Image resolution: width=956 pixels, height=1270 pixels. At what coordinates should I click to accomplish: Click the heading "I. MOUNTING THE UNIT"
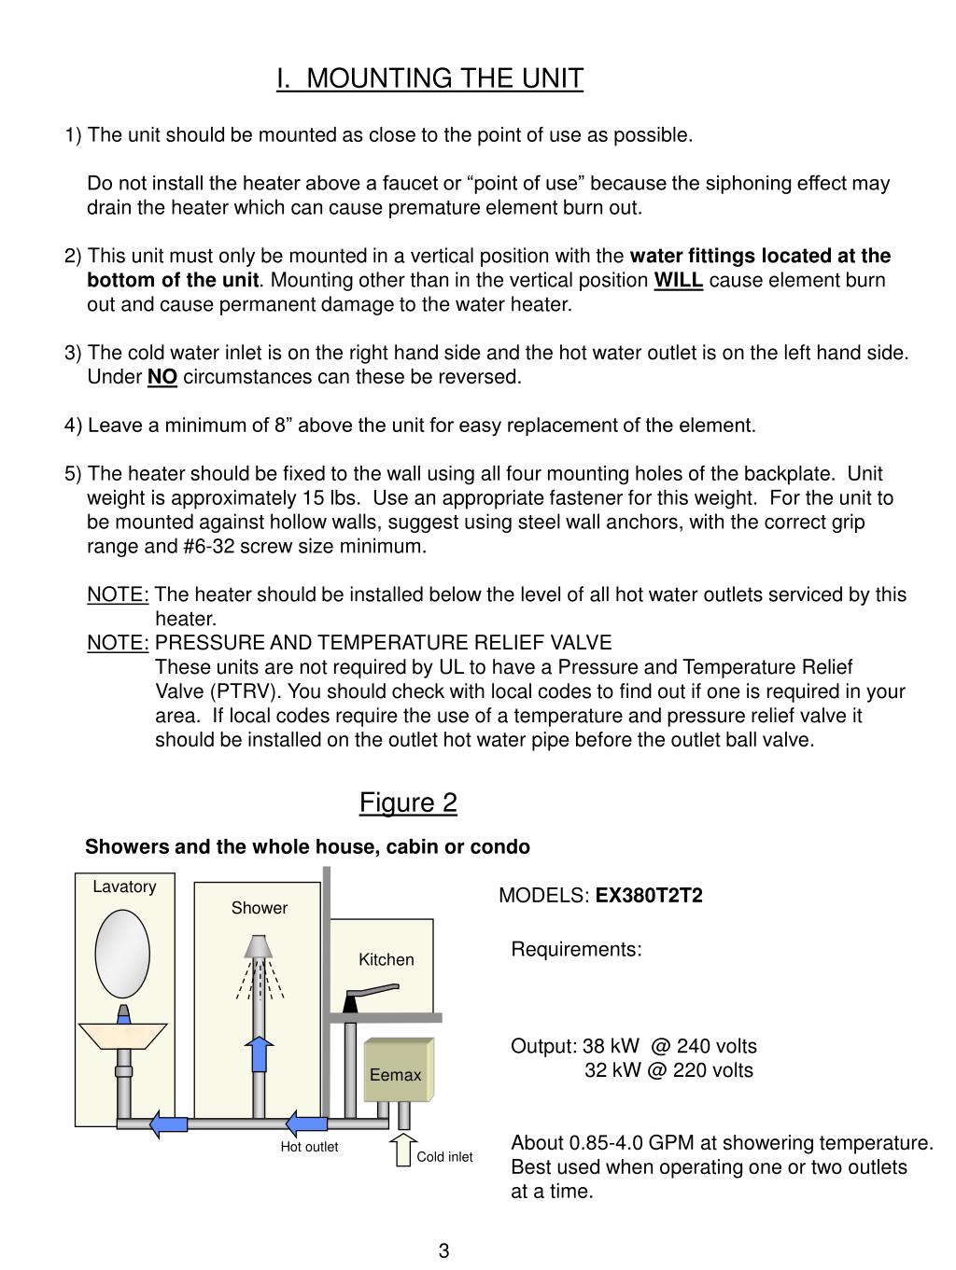[429, 78]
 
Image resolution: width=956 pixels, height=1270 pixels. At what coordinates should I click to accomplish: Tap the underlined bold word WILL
[678, 281]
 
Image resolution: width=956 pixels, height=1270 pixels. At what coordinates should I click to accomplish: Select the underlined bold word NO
[162, 377]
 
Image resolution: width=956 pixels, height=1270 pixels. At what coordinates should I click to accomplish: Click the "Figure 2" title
[408, 802]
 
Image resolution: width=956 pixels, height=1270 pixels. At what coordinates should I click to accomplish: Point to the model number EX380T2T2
[649, 896]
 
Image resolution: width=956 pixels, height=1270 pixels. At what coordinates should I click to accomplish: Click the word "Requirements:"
[576, 950]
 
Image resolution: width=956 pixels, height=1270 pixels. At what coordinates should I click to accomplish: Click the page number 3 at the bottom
[443, 1251]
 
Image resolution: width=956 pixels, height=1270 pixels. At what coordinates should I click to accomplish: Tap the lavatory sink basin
[123, 1035]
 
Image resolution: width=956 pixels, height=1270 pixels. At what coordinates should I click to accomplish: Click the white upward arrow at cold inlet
[403, 1150]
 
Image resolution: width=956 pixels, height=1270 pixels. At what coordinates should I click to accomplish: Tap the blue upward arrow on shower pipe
[261, 1054]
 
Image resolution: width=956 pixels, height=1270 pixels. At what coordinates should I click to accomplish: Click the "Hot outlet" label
[309, 1147]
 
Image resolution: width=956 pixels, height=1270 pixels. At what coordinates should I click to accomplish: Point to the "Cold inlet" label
[444, 1157]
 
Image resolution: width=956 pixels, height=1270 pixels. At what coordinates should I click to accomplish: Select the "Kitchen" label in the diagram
[386, 959]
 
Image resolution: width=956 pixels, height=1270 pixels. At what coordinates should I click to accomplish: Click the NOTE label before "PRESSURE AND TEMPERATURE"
[118, 643]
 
